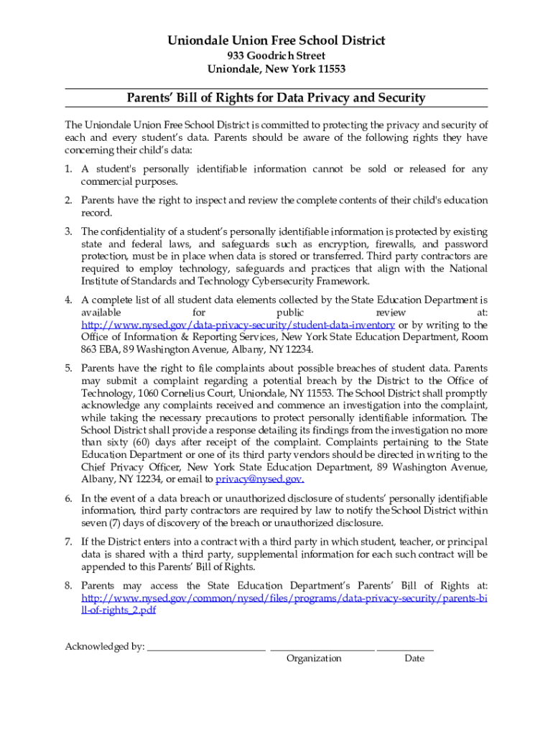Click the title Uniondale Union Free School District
point(276,40)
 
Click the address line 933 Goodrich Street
point(276,55)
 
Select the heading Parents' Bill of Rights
point(276,98)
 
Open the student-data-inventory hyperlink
point(238,325)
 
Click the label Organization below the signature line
point(314,658)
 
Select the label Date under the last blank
point(414,658)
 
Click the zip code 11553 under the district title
point(330,69)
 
